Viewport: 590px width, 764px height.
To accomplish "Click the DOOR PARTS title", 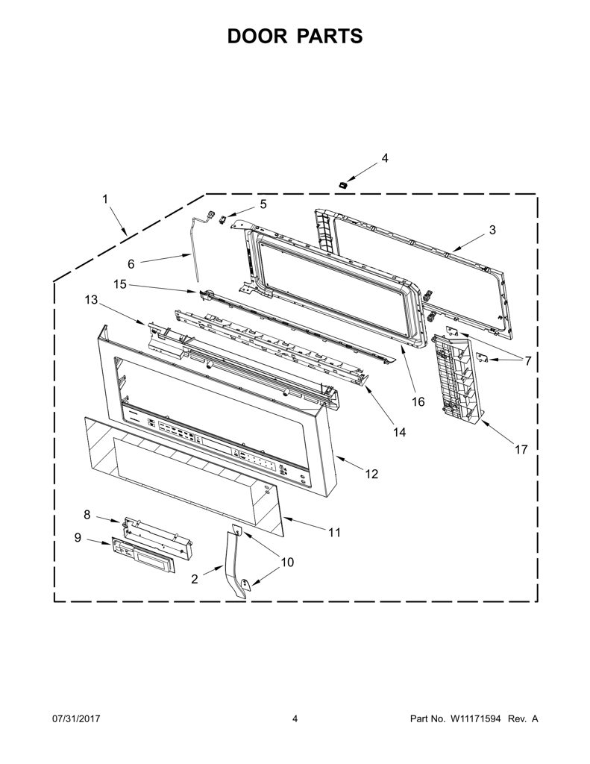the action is click(295, 37).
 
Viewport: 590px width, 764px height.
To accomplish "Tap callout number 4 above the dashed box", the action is click(384, 158).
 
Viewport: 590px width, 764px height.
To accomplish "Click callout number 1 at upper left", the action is click(104, 198).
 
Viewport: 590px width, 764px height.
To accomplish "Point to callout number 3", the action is click(492, 230).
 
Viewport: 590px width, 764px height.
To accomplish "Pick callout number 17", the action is click(521, 449).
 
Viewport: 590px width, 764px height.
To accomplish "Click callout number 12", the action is click(371, 474).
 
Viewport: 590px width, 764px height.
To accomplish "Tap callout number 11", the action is click(334, 533).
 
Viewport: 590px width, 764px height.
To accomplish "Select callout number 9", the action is click(78, 537).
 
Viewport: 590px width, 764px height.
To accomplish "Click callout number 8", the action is click(87, 515).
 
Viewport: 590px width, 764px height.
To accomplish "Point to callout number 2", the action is click(195, 579).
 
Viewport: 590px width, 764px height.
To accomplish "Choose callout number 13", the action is click(91, 300).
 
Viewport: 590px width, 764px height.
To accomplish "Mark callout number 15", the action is click(120, 284).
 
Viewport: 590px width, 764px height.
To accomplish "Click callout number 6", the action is click(131, 264).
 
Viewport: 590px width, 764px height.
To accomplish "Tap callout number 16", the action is click(418, 401).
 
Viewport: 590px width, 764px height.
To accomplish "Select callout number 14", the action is click(399, 432).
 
